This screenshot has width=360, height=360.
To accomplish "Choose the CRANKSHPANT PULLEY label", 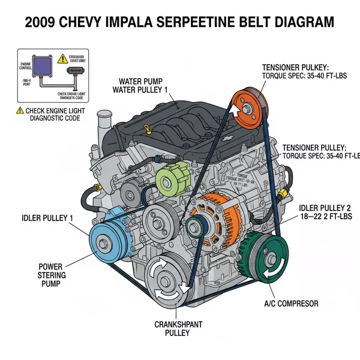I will [x=178, y=329].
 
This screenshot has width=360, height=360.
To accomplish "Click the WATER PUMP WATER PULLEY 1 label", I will [x=142, y=85].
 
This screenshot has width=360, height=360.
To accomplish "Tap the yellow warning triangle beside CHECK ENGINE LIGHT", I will [x=20, y=110].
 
